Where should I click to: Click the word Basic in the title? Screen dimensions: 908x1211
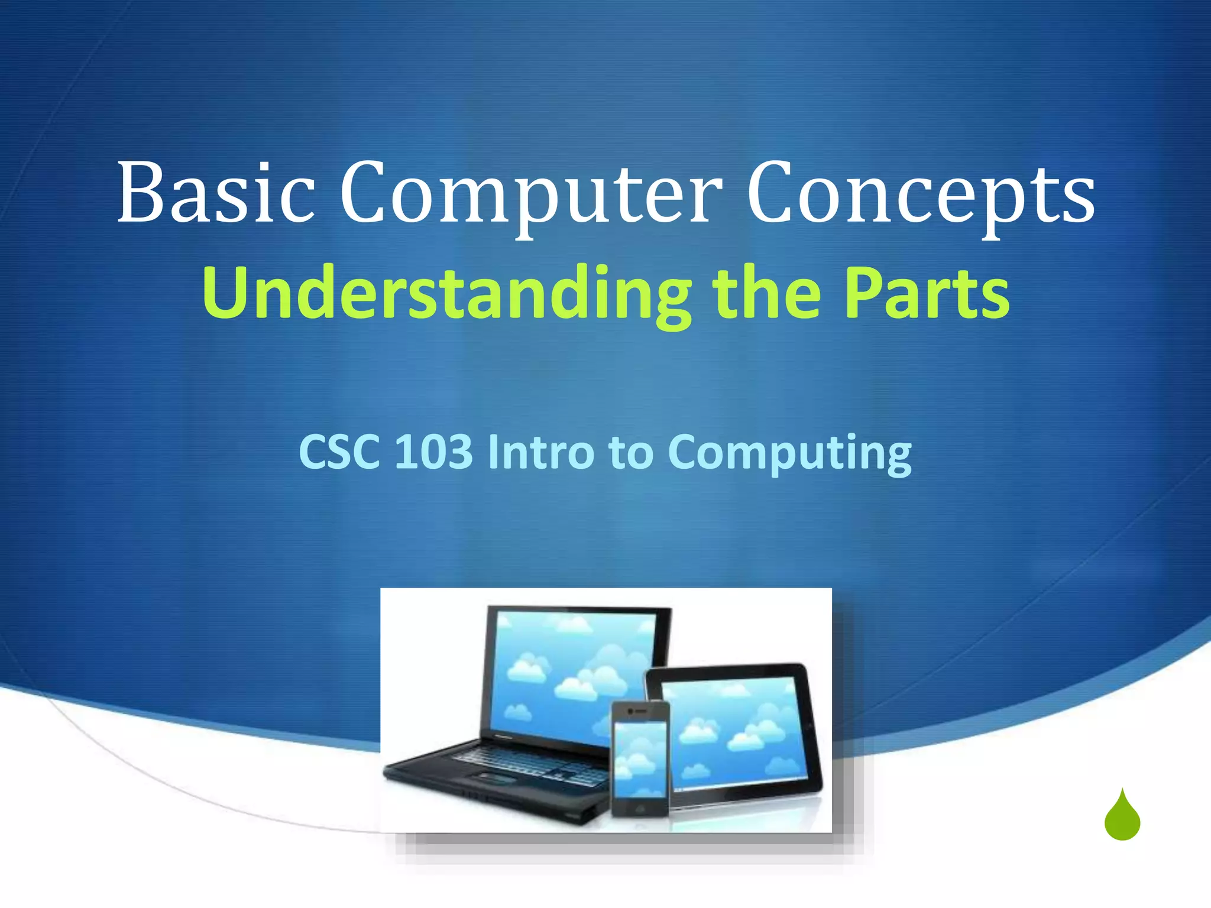pos(216,193)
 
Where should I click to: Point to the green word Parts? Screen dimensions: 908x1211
pos(927,294)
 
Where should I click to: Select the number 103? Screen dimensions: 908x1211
pos(433,452)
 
